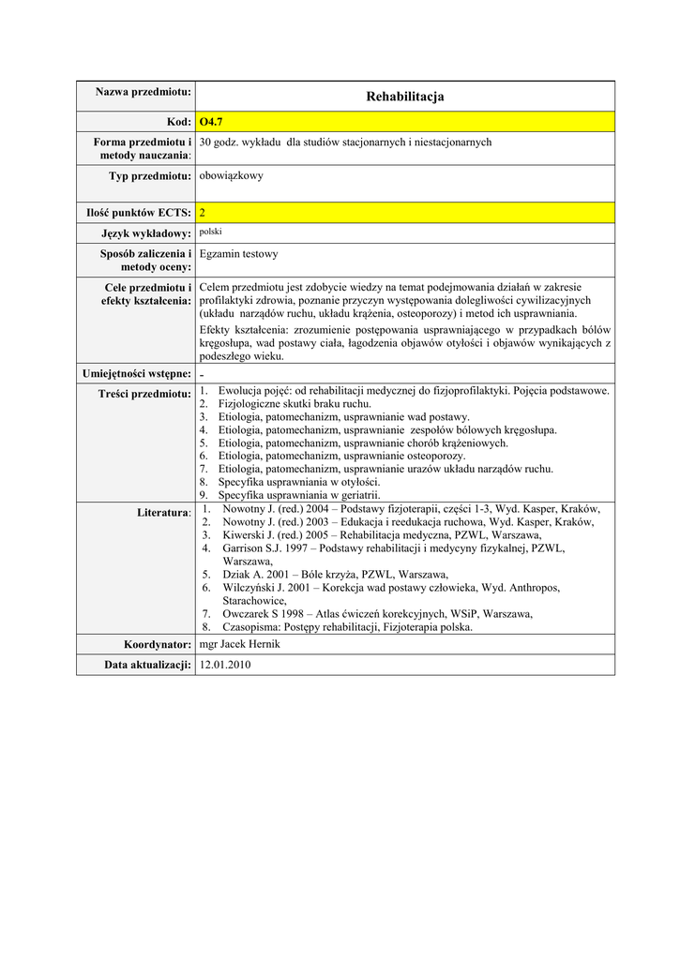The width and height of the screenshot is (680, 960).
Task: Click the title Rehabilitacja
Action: click(405, 97)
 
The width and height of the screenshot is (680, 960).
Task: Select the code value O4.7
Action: click(212, 122)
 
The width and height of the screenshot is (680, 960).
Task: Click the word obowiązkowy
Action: click(232, 175)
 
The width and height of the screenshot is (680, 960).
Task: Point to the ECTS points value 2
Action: click(203, 213)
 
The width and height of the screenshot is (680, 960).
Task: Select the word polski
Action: click(211, 231)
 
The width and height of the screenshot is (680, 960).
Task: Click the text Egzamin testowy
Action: click(238, 253)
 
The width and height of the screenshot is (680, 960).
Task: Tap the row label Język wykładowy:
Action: click(146, 232)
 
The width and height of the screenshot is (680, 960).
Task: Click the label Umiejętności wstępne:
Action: click(137, 373)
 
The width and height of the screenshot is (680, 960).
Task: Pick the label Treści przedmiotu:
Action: click(145, 393)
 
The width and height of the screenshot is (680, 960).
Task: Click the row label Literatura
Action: click(163, 512)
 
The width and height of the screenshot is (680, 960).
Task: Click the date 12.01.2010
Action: click(225, 664)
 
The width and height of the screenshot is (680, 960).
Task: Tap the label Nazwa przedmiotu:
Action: click(144, 91)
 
